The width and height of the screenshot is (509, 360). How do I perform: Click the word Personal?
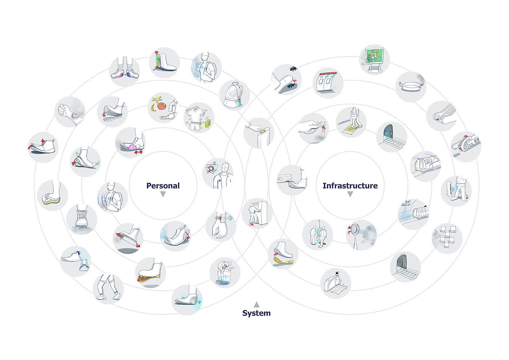tap(163, 185)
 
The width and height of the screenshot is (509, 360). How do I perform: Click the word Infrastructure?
tap(350, 185)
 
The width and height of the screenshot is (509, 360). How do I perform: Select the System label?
tap(256, 313)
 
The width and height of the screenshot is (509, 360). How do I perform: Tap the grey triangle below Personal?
tap(163, 195)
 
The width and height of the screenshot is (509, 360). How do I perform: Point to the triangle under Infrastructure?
tap(350, 195)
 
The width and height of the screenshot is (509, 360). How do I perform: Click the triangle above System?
tap(256, 304)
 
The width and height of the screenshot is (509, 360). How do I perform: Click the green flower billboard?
tap(374, 58)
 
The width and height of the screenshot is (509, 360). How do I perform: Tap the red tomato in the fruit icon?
tap(161, 106)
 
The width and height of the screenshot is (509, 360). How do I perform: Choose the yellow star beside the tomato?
tap(157, 99)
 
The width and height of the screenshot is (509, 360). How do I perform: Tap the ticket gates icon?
tap(328, 83)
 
